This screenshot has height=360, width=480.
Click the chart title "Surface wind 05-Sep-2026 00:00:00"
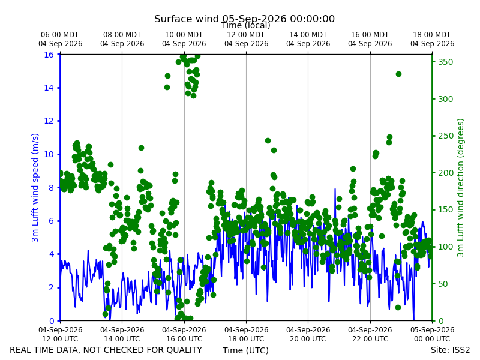244,19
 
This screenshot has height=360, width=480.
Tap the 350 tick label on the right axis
445,62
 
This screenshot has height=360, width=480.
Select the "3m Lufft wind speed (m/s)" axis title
35,187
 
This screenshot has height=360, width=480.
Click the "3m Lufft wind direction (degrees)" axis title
460,188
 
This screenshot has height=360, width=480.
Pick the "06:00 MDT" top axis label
59,35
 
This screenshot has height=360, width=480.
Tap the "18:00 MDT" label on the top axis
431,35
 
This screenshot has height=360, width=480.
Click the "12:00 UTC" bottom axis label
61,339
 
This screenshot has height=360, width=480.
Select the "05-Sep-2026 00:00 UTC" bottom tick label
432,334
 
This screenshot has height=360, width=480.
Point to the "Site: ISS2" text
450,350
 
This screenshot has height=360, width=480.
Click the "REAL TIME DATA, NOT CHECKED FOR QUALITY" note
106,350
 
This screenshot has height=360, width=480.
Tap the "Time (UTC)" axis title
245,350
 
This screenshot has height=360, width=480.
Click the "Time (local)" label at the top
246,25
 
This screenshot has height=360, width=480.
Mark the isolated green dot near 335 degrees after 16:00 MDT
398,74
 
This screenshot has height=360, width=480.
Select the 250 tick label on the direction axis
445,136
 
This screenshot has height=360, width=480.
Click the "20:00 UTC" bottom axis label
308,339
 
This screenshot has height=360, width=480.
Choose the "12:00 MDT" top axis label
246,35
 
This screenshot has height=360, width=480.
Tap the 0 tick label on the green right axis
440,321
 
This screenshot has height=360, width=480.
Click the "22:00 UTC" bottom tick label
370,339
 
